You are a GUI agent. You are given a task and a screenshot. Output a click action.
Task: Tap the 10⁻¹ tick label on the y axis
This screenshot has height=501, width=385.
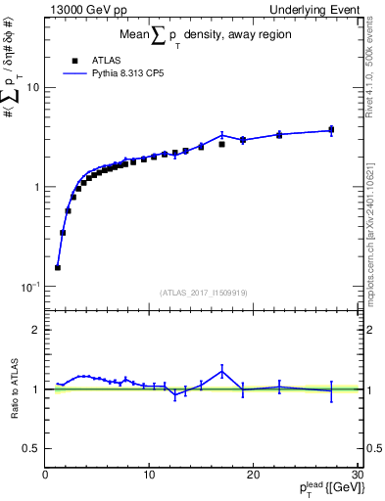[x=29, y=286]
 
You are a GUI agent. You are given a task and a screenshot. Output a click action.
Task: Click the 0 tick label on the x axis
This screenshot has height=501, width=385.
[x=45, y=476]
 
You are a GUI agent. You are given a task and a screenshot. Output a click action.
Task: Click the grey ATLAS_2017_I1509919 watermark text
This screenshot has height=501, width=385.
[x=203, y=292]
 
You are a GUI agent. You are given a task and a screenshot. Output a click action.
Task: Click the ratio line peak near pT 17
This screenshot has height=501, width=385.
[x=222, y=369]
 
